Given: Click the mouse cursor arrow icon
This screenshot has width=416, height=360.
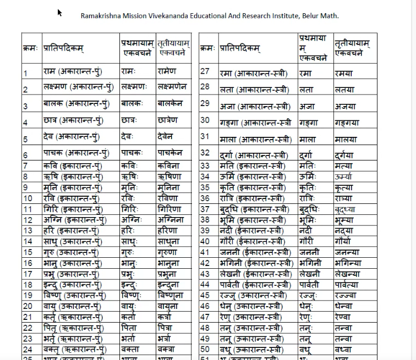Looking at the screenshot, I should click(60, 13).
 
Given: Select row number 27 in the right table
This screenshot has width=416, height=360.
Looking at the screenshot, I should click(205, 71).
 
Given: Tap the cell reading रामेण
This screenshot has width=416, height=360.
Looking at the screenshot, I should click(167, 71).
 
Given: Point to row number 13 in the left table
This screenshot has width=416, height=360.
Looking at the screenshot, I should click(28, 230).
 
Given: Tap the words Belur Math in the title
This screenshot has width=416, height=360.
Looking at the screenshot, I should click(320, 15).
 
